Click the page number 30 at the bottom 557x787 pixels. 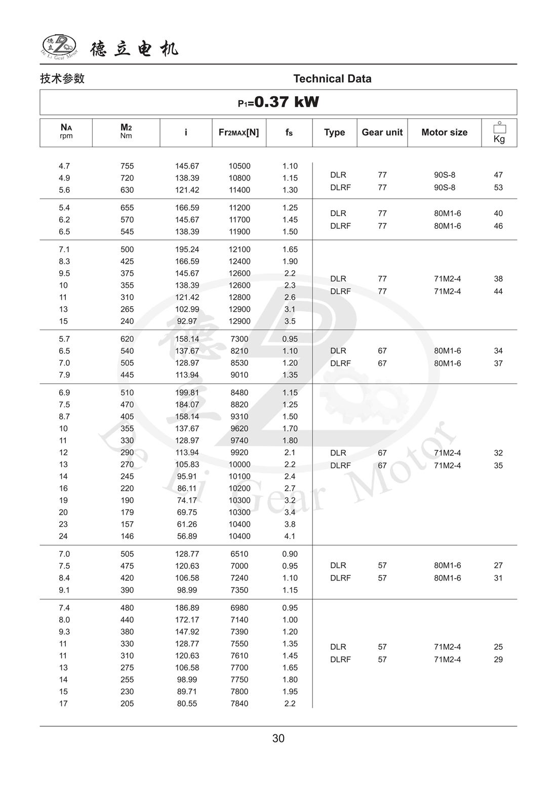click(x=278, y=738)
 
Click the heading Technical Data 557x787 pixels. click(x=332, y=78)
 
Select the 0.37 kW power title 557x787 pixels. click(x=278, y=102)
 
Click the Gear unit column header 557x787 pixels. click(x=382, y=133)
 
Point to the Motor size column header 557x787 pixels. click(x=444, y=133)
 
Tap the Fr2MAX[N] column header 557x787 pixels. click(x=238, y=133)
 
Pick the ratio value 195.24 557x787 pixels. click(x=187, y=250)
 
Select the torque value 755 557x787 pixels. click(x=127, y=166)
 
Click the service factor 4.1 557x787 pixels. click(x=290, y=536)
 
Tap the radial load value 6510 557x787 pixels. click(x=239, y=554)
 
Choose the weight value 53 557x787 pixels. click(x=498, y=187)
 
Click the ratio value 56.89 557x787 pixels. click(x=187, y=536)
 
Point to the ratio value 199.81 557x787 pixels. click(x=187, y=393)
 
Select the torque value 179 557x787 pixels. click(x=127, y=512)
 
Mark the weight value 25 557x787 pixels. click(x=498, y=647)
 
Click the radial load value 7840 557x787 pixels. click(x=239, y=703)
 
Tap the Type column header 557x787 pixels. click(x=334, y=133)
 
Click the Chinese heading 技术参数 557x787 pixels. click(x=62, y=78)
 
